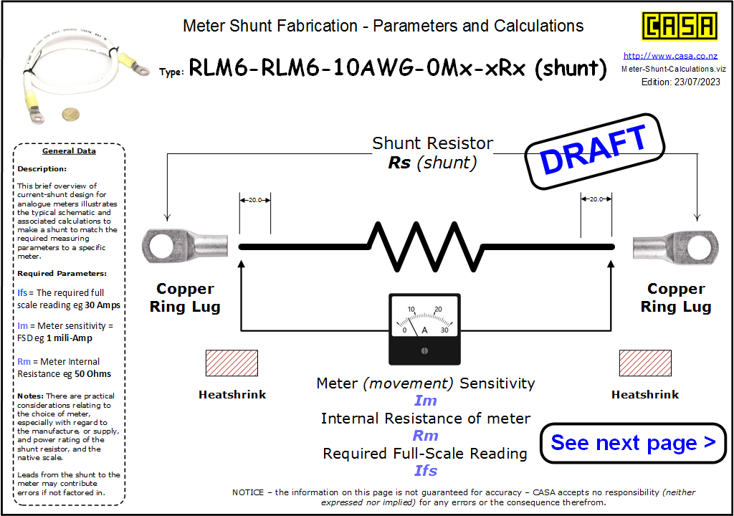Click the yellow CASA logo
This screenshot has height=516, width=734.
pos(680,27)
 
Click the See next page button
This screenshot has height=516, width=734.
pos(633,443)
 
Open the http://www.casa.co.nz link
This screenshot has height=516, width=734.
pos(670,56)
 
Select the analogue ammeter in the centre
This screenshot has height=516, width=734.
pos(424,328)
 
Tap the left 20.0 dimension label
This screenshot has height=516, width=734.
pos(255,199)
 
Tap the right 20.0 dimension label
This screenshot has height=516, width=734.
pos(596,199)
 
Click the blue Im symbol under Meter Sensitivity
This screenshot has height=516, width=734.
pos(426,401)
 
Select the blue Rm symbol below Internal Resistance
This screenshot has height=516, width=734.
pos(426,436)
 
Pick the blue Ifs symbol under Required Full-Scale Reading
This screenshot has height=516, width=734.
pos(426,471)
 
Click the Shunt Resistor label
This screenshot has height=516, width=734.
pos(432,143)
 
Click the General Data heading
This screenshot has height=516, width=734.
pos(69,151)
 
